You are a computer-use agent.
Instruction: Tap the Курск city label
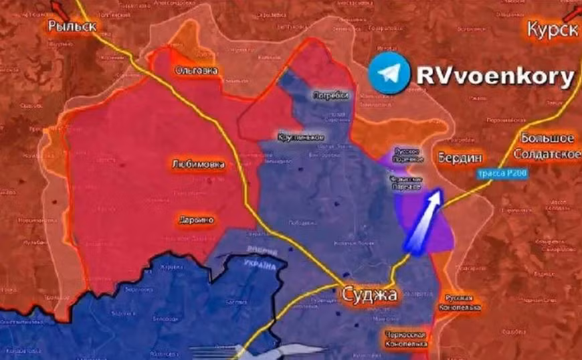[551, 29]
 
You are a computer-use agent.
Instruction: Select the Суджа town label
[370, 294]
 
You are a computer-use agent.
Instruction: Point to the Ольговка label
[195, 70]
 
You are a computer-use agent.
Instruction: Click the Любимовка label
[198, 164]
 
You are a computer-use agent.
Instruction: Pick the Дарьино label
[196, 219]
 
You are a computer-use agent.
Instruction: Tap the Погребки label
[330, 96]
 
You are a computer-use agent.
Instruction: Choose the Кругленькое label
[301, 137]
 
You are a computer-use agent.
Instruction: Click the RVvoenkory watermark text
[494, 76]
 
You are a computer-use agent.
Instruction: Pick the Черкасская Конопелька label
[405, 339]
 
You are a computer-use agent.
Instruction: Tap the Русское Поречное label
[408, 155]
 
